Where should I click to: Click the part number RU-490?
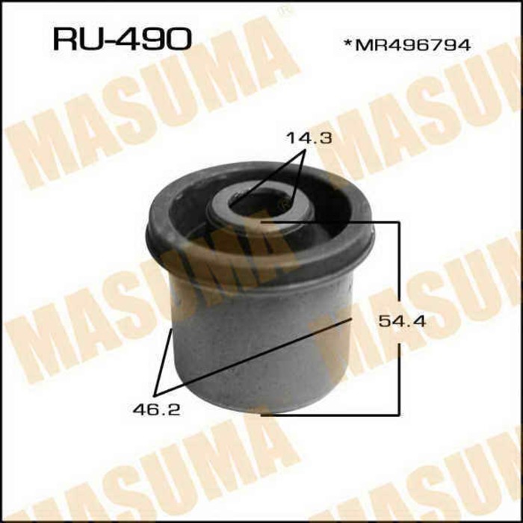(x=121, y=38)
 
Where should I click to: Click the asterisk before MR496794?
(x=347, y=43)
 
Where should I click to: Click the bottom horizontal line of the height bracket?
(x=329, y=412)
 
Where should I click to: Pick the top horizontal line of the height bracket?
(x=329, y=221)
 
